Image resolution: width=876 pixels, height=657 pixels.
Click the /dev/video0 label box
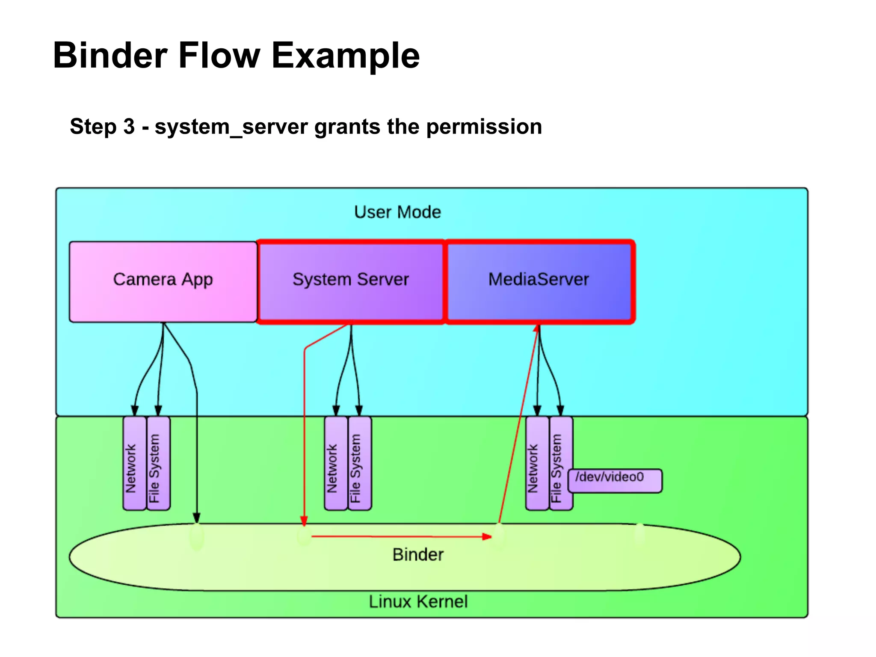click(615, 480)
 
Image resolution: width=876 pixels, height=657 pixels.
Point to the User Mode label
click(397, 212)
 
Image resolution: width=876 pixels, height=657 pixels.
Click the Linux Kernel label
click(418, 601)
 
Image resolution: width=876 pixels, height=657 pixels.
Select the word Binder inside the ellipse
click(418, 554)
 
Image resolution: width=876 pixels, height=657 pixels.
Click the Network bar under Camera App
click(134, 463)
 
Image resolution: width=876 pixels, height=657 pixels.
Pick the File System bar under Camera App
click(158, 463)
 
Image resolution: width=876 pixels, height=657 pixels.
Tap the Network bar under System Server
click(336, 463)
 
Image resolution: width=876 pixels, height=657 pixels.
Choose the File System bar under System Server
click(359, 463)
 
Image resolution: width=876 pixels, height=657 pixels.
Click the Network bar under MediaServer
click(537, 463)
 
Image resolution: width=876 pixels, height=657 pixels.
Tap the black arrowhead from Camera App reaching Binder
click(197, 518)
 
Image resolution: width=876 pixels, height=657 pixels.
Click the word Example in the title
click(346, 56)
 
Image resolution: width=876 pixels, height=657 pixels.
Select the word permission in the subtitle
click(484, 127)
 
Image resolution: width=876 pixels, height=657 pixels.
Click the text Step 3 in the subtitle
click(102, 127)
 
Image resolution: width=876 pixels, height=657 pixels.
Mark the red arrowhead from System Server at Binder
click(304, 521)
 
